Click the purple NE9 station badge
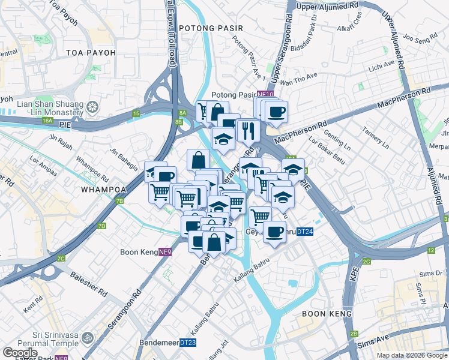(165, 253)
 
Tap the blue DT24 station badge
(305, 232)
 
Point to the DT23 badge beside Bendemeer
(188, 343)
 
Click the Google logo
(20, 352)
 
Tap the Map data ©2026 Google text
(412, 355)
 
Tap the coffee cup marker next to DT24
(274, 232)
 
